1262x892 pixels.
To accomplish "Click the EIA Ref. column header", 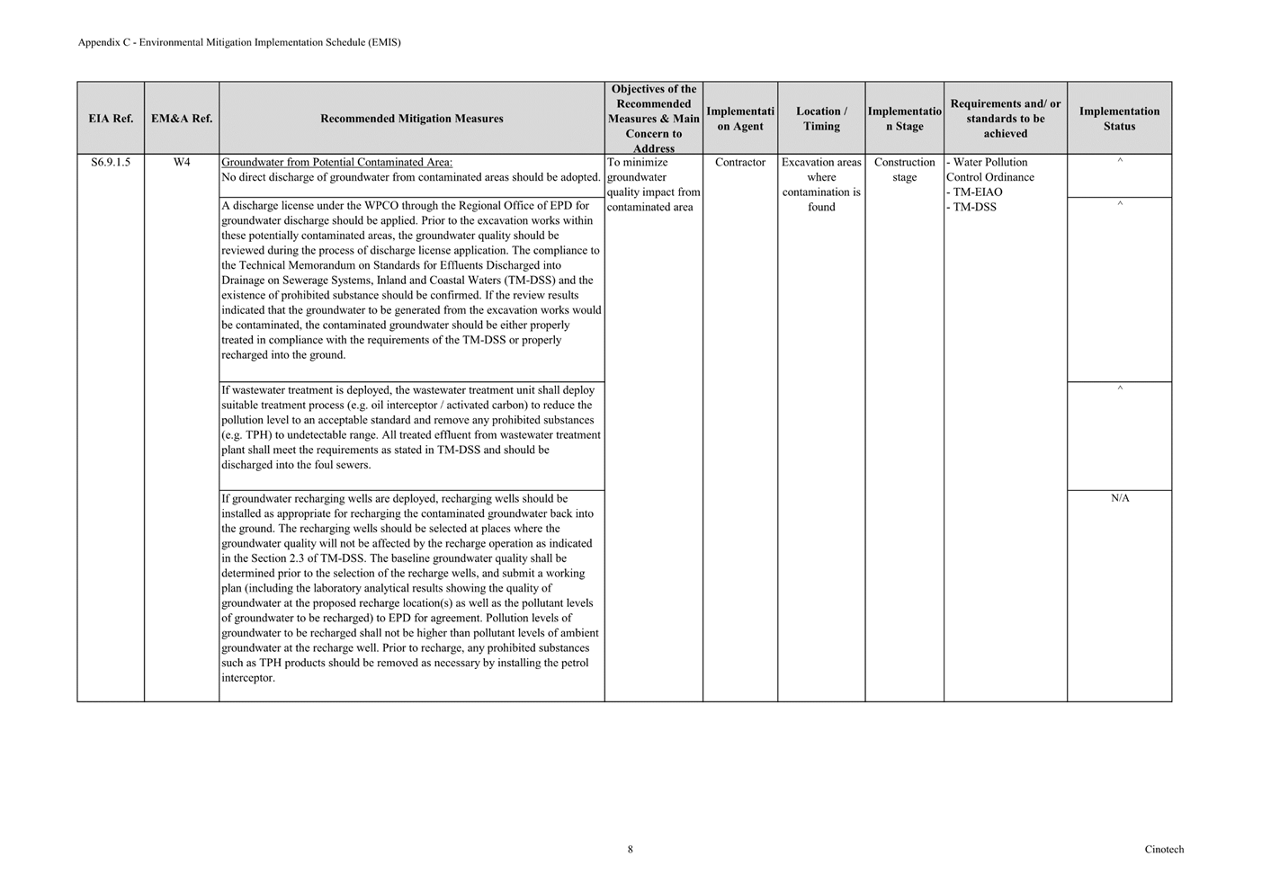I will (111, 119).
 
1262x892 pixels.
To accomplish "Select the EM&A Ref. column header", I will (182, 119).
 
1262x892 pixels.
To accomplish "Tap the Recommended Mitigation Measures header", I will (412, 119).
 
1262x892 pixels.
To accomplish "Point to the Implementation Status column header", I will (1119, 119).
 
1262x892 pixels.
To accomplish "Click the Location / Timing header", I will (821, 119).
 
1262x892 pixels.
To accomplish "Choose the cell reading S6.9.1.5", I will (111, 163).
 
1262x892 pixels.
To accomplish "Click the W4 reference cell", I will (182, 163).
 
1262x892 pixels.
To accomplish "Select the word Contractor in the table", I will (740, 163).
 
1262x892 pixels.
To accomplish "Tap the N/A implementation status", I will (1120, 498).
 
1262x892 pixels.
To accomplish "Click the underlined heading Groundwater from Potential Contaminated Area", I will (336, 163).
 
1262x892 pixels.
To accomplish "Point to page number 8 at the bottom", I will (631, 849).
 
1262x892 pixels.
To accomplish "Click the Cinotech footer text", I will (1164, 850).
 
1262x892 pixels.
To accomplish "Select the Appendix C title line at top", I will (239, 42).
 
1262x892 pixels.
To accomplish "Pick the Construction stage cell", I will (904, 170).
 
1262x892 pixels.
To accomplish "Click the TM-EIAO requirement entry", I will (977, 192).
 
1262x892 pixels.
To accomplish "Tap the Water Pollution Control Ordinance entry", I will (989, 170).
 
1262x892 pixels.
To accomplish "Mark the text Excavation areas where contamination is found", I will (821, 184).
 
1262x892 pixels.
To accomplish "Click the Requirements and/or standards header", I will (1005, 119).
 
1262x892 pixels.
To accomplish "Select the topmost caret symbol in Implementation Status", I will (1120, 162).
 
